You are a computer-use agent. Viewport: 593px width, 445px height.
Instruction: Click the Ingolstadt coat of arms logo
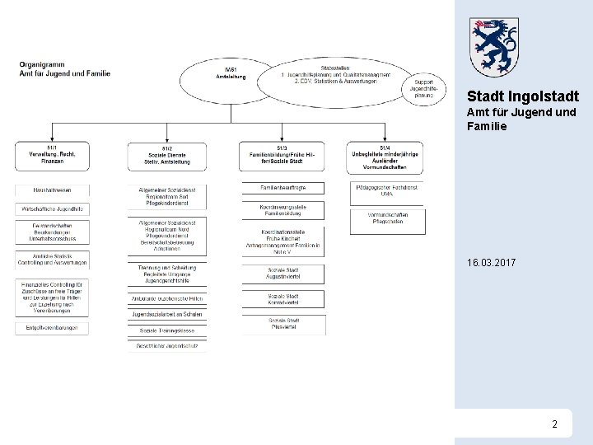[494, 47]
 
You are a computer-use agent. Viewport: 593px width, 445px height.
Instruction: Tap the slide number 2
[554, 424]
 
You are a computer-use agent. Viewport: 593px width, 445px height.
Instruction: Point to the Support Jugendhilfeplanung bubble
[423, 88]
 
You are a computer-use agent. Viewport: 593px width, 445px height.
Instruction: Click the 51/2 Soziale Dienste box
[167, 157]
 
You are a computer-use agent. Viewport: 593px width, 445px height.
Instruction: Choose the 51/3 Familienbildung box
[282, 157]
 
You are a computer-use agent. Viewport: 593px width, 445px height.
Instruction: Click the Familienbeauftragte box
[282, 189]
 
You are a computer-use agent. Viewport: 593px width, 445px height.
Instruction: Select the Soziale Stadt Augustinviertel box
[282, 273]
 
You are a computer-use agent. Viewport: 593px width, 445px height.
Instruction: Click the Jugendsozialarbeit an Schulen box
[167, 315]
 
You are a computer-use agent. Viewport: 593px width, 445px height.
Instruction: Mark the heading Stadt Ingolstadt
[522, 96]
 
